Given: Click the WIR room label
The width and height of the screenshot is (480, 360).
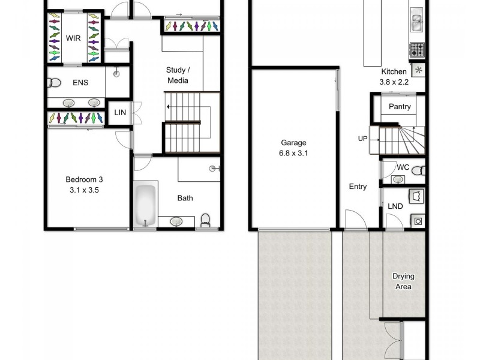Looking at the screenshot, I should tap(73, 39).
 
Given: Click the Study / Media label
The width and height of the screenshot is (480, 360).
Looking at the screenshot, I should tap(177, 75).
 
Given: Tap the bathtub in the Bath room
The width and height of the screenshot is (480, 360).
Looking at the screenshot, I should tap(145, 206).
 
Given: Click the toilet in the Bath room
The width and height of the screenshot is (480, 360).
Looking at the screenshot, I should tap(205, 220).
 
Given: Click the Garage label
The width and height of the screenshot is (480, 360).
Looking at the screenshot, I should tap(293, 143).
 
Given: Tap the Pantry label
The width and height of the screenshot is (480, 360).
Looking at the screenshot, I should tap(400, 107).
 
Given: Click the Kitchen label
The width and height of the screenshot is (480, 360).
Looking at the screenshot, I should tap(394, 71).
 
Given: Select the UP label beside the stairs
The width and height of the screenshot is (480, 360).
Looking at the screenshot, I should tap(362, 139).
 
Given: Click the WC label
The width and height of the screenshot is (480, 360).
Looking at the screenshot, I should tap(403, 167).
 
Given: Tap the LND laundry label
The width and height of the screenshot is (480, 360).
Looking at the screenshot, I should tap(395, 206).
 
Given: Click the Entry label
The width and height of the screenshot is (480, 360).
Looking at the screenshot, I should tap(358, 187).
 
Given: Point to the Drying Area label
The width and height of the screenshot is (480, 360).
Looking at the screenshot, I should tap(403, 281).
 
